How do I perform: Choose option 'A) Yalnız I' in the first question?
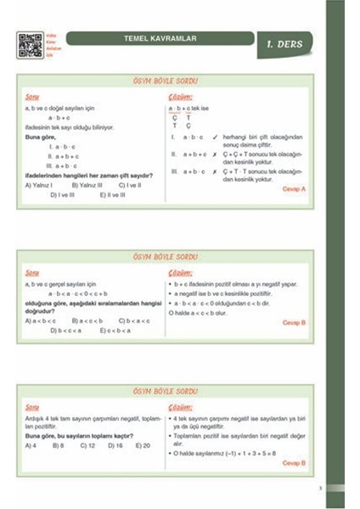tap(39, 184)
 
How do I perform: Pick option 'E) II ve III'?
tap(112, 194)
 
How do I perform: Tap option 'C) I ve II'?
tap(130, 184)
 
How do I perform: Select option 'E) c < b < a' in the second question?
tap(117, 330)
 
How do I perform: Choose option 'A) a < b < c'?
tap(41, 321)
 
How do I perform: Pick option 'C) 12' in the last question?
tap(87, 445)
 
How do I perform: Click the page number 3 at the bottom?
tap(319, 488)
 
